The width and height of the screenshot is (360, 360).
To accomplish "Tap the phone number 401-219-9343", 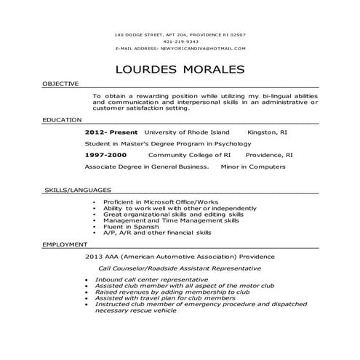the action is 180,41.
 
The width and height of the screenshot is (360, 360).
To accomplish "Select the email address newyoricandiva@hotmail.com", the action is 203,48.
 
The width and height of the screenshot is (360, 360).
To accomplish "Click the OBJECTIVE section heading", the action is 60,84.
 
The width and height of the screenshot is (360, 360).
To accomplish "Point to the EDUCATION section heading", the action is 62,119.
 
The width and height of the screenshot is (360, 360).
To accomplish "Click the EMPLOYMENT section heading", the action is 65,245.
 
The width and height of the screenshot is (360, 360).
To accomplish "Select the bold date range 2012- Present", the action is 110,133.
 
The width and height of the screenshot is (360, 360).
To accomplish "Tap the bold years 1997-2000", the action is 105,155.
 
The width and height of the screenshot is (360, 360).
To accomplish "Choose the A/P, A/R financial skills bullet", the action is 157,233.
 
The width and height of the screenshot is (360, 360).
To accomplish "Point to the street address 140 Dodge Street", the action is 149,35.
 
